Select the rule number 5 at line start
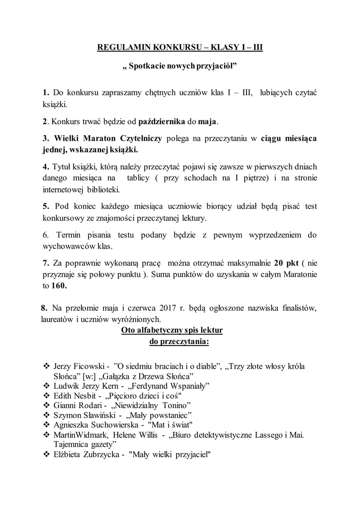point(45,206)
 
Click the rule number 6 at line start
point(45,235)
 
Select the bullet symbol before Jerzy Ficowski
point(46,366)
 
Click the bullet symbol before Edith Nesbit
point(46,395)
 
